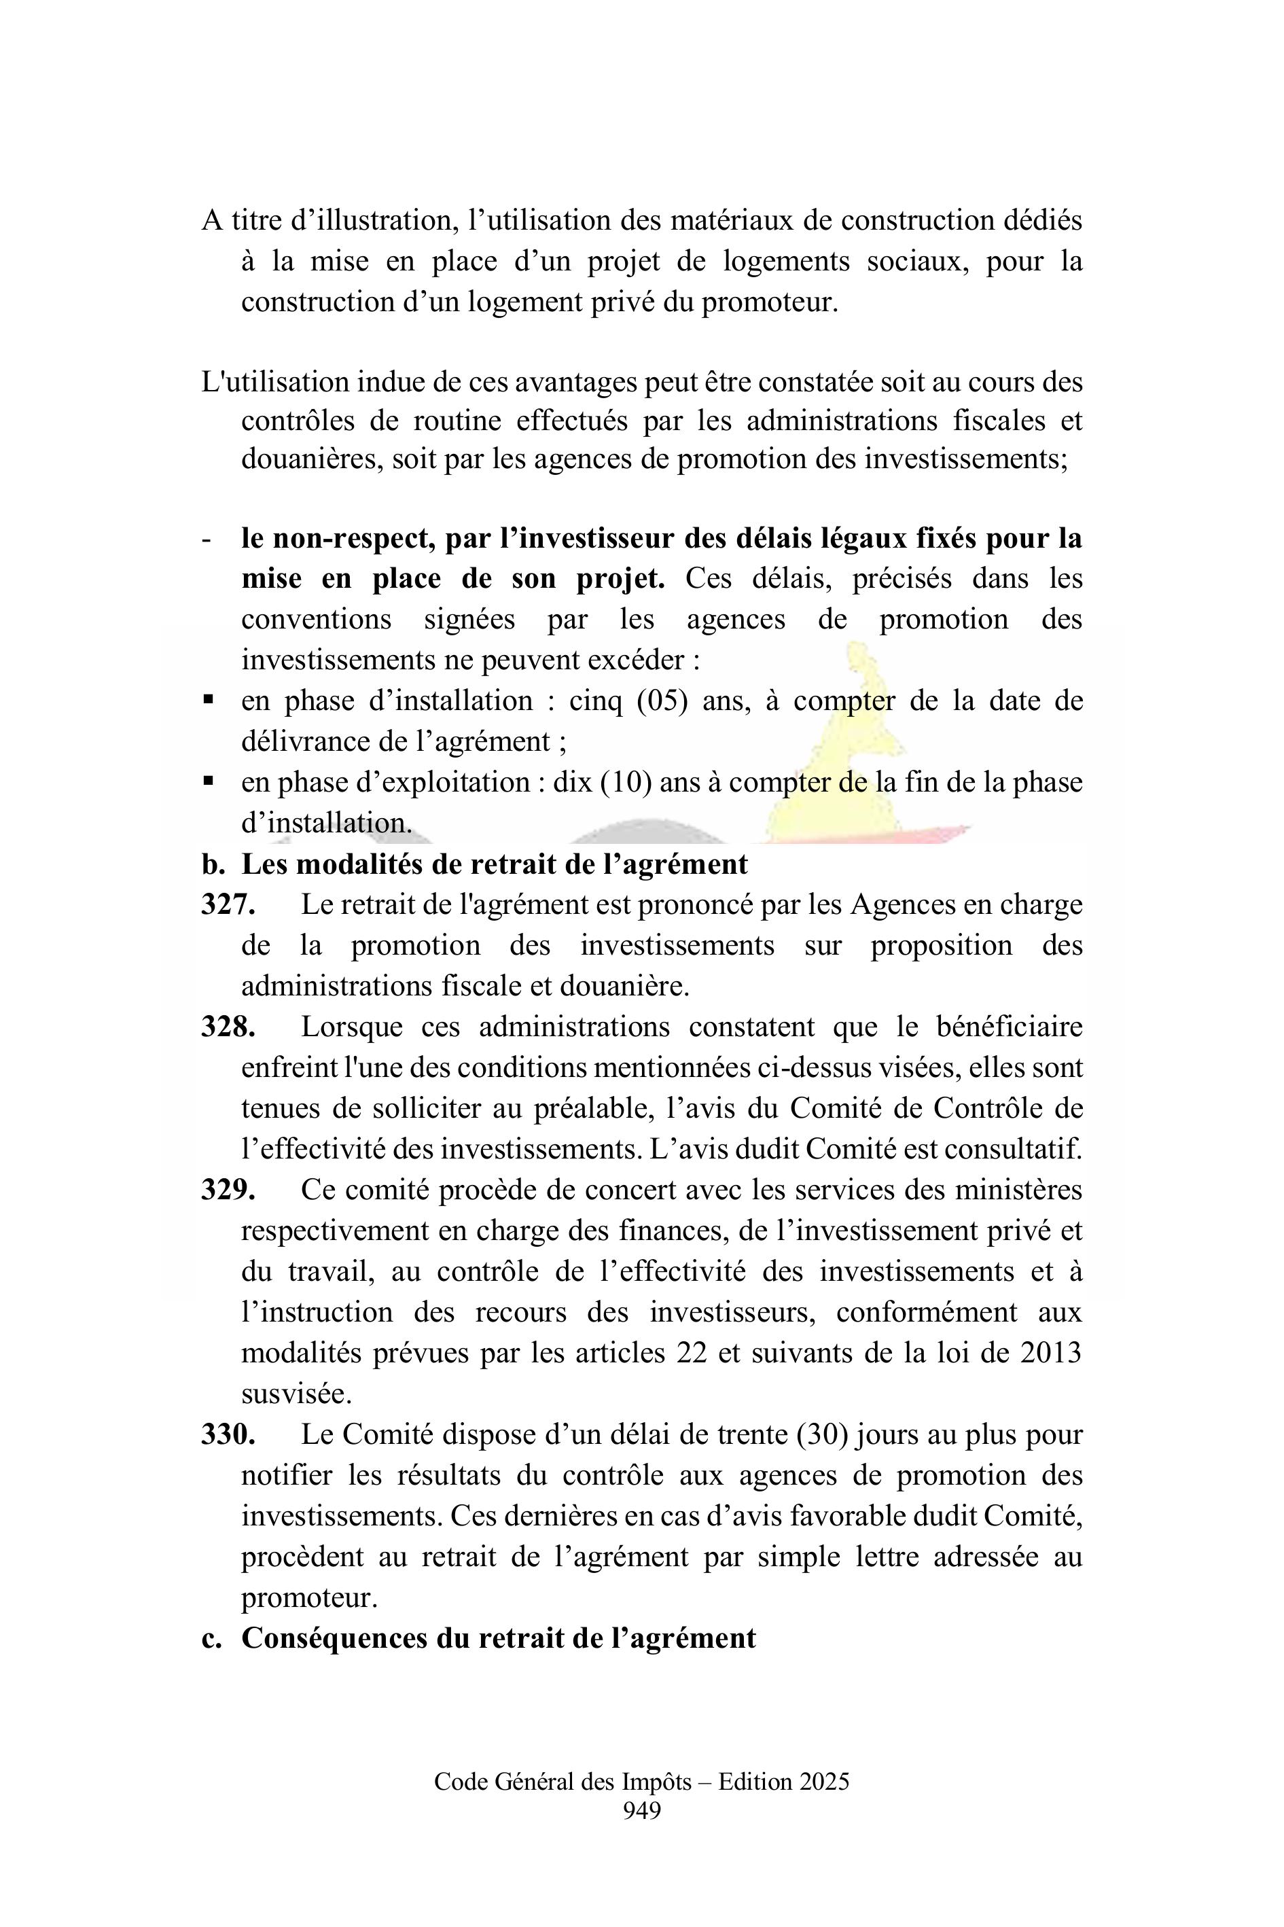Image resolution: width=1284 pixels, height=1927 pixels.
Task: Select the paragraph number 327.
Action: coord(228,905)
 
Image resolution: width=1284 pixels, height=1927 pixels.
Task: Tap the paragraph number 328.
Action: coord(228,1027)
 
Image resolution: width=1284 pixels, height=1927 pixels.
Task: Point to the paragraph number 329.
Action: coord(228,1190)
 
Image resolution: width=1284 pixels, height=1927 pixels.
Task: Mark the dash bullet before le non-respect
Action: coord(207,539)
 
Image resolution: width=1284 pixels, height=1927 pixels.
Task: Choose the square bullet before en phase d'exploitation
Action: coord(208,781)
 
